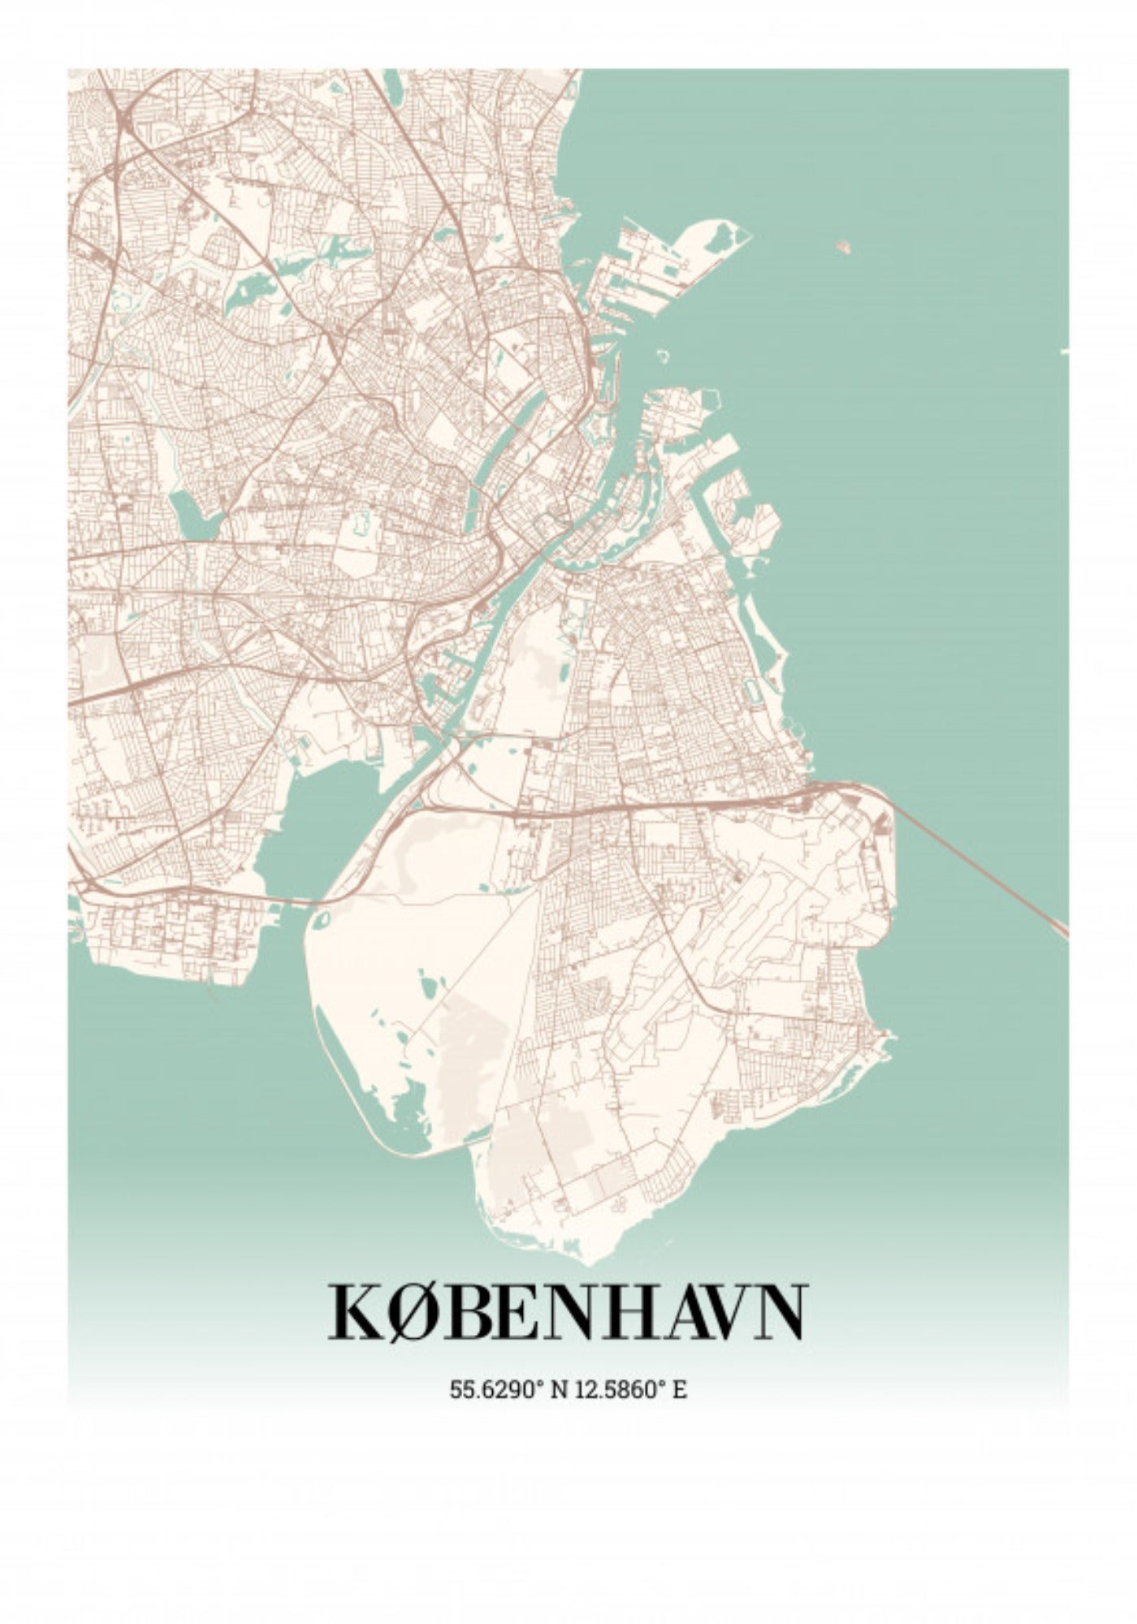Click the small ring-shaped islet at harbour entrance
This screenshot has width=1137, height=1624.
[x=663, y=355]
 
